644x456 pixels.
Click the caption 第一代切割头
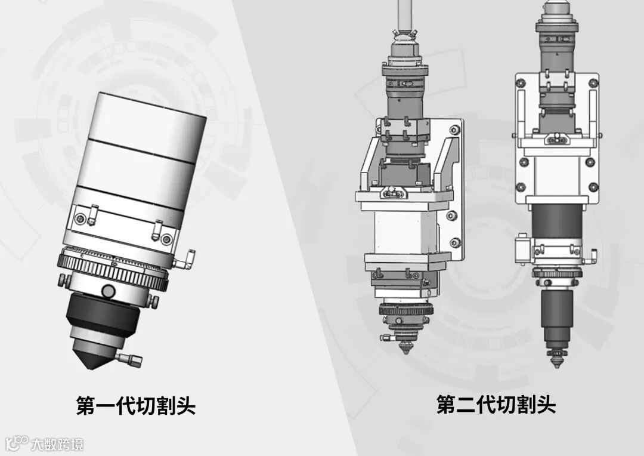pos(136,406)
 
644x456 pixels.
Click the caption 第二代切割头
pos(496,405)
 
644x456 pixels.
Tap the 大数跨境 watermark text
pos(57,445)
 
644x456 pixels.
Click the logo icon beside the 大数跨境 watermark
pos(17,443)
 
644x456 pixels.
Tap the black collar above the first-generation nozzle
pos(103,315)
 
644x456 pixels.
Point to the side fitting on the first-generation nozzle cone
pos(130,359)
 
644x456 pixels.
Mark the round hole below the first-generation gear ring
pos(109,291)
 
